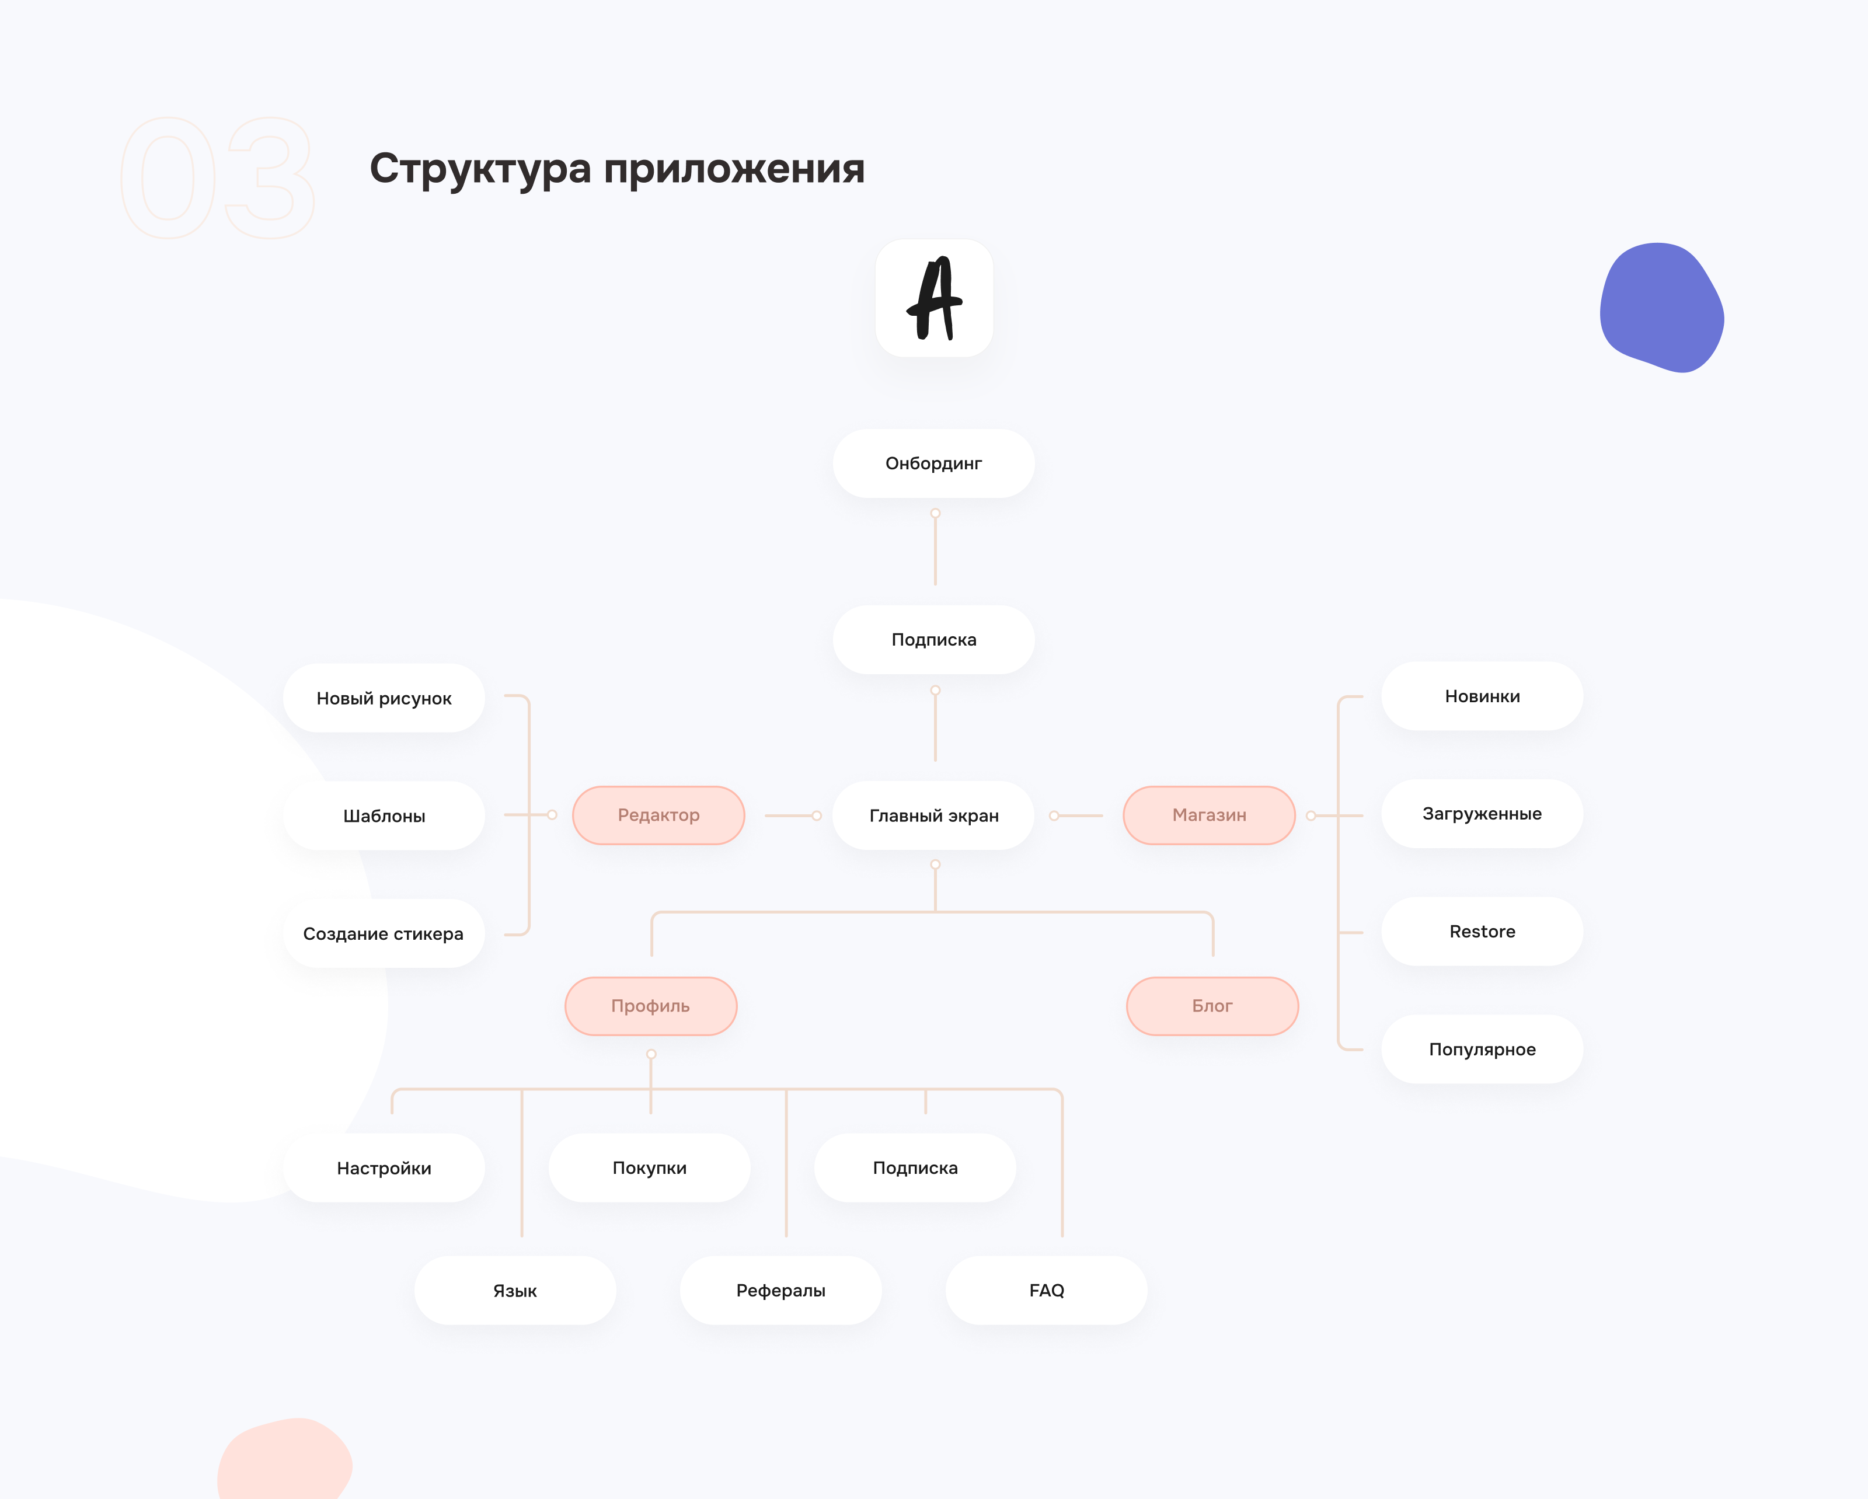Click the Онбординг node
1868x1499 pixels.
[x=933, y=463]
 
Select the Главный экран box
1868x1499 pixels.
[x=933, y=815]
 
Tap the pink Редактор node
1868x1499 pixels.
[x=658, y=815]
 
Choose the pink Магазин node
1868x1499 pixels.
[x=1209, y=815]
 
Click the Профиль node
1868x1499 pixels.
[x=651, y=1006]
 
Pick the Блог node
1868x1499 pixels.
[x=1212, y=1006]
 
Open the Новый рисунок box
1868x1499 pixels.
[x=384, y=698]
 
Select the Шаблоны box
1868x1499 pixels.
[x=384, y=816]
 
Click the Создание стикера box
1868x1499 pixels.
[x=384, y=934]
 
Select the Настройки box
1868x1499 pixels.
[x=384, y=1168]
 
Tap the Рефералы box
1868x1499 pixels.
[x=780, y=1290]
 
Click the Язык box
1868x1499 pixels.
[x=515, y=1290]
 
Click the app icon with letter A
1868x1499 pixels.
[x=934, y=298]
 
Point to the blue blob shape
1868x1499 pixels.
[x=1661, y=308]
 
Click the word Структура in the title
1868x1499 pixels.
[x=480, y=169]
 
